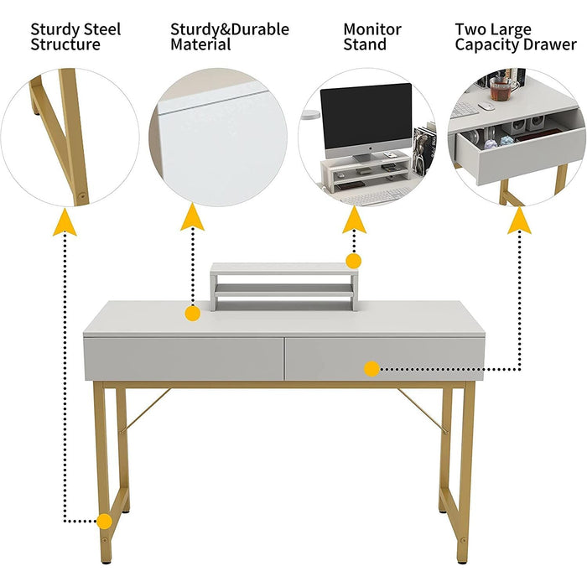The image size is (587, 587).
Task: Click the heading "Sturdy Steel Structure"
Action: [x=75, y=37]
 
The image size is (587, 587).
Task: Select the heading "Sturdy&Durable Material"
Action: [x=229, y=37]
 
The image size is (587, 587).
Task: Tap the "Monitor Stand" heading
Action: [x=371, y=37]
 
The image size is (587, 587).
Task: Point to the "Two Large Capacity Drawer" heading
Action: [x=515, y=37]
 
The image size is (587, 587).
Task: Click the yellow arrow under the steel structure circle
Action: [x=65, y=222]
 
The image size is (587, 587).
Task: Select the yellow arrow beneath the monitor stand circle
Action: [x=354, y=219]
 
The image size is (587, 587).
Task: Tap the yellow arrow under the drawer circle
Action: [x=520, y=220]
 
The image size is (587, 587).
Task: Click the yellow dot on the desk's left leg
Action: [x=104, y=521]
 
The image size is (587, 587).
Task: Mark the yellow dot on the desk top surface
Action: [x=192, y=314]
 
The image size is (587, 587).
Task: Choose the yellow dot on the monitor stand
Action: [x=354, y=261]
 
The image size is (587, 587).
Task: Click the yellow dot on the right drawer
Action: [x=371, y=367]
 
